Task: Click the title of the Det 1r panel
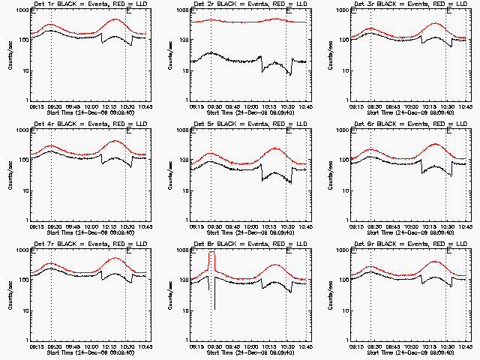tap(82, 5)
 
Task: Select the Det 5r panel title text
tap(242, 125)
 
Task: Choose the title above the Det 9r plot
tap(403, 245)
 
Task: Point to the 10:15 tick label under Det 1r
tap(109, 106)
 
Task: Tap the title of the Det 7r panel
tap(82, 245)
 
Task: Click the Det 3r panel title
tap(403, 5)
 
